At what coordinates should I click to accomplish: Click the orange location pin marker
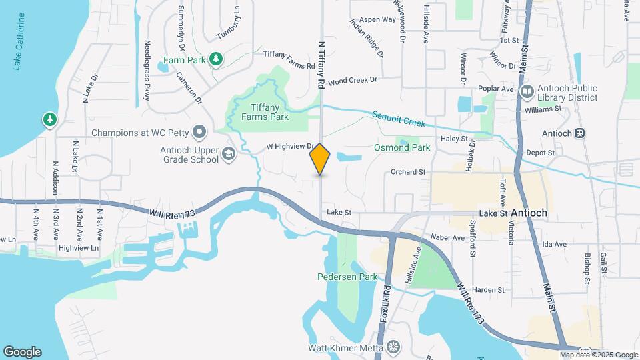coord(320,159)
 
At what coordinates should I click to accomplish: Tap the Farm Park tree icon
coord(215,60)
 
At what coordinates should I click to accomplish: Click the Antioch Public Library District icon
coord(527,90)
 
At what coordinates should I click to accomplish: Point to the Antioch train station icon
coord(580,133)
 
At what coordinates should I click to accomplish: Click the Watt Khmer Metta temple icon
coord(393,348)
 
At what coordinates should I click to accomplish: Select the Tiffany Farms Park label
coord(260,111)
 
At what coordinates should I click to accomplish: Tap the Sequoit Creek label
coord(399,119)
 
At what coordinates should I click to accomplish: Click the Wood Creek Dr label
coord(353,79)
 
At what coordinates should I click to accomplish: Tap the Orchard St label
coord(408,172)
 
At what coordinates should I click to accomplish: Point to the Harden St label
coord(489,290)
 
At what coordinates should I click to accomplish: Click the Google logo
coord(22,352)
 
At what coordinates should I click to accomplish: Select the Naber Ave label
coord(447,237)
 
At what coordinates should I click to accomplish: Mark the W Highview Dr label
coord(290,145)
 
